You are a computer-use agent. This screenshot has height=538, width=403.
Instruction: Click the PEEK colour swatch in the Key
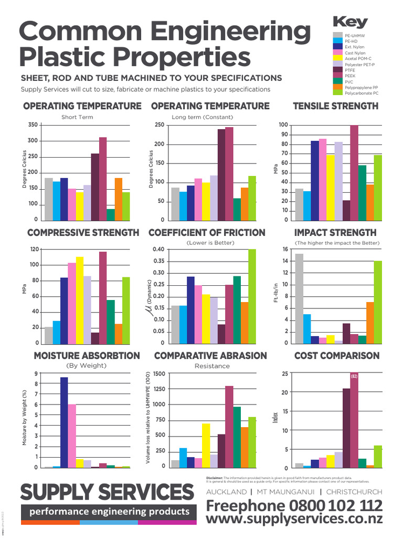pyautogui.click(x=338, y=76)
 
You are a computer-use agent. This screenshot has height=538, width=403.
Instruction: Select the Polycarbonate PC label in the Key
pyautogui.click(x=361, y=93)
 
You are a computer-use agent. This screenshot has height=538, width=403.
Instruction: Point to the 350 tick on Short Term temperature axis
pyautogui.click(x=33, y=125)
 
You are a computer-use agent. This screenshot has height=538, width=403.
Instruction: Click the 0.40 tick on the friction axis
pyautogui.click(x=157, y=250)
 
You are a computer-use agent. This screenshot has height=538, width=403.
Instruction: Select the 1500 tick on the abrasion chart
pyautogui.click(x=159, y=374)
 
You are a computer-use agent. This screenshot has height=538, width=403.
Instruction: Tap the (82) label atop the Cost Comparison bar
pyautogui.click(x=354, y=377)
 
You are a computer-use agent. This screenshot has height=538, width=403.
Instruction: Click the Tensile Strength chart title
pyautogui.click(x=335, y=106)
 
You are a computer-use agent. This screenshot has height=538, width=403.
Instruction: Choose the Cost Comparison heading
pyautogui.click(x=336, y=356)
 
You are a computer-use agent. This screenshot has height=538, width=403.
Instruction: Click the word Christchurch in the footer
pyautogui.click(x=354, y=492)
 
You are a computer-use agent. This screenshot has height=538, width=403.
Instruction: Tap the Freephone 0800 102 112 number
pyautogui.click(x=294, y=505)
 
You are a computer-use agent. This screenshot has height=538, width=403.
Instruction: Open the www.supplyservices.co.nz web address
pyautogui.click(x=294, y=519)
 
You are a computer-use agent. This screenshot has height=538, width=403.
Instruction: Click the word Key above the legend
pyautogui.click(x=350, y=22)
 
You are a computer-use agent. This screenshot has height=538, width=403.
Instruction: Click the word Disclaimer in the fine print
pyautogui.click(x=216, y=478)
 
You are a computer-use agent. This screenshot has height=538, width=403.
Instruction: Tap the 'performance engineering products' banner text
pyautogui.click(x=109, y=511)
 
